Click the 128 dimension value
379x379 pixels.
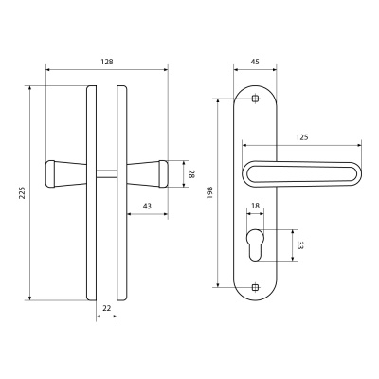click(x=107, y=62)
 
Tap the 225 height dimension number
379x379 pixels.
click(x=22, y=193)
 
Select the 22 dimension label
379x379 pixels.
click(x=107, y=308)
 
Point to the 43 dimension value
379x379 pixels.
click(x=147, y=207)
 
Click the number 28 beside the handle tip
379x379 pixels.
click(x=191, y=174)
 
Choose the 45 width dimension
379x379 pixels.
click(x=255, y=62)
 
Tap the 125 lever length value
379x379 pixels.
click(x=301, y=137)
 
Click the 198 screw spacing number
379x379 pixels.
click(x=210, y=192)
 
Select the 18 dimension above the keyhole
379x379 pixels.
click(x=255, y=206)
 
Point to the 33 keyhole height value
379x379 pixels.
click(x=300, y=245)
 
